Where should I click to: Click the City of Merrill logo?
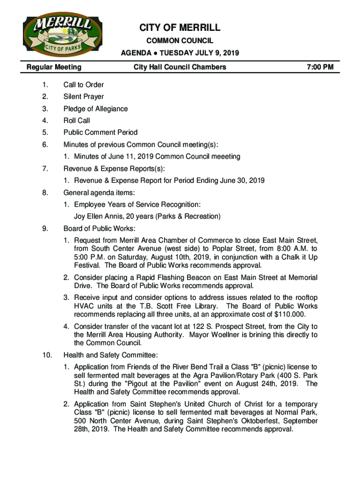pos(53,36)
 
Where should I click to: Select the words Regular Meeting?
pos(54,67)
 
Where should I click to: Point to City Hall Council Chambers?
pos(180,67)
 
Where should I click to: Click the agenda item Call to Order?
pos(84,85)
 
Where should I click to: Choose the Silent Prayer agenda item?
pos(84,97)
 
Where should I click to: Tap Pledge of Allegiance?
pos(95,109)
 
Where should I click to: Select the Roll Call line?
pos(77,121)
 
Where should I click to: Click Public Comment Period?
pos(101,132)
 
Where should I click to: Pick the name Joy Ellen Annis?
pos(100,217)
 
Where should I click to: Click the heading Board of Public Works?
pos(100,229)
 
